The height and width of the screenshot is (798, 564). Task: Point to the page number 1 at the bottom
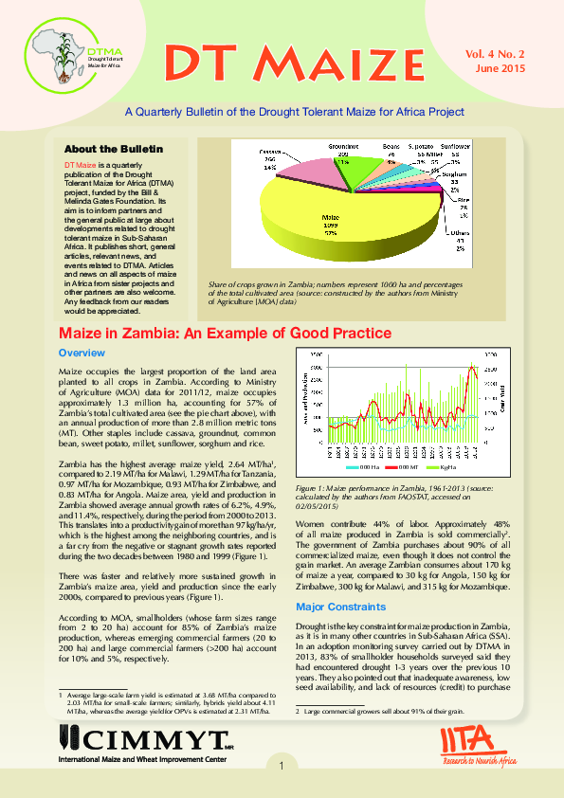tap(282, 766)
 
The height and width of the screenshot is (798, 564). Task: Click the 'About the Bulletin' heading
tap(113, 149)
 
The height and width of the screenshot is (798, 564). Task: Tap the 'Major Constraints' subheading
tap(339, 606)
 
